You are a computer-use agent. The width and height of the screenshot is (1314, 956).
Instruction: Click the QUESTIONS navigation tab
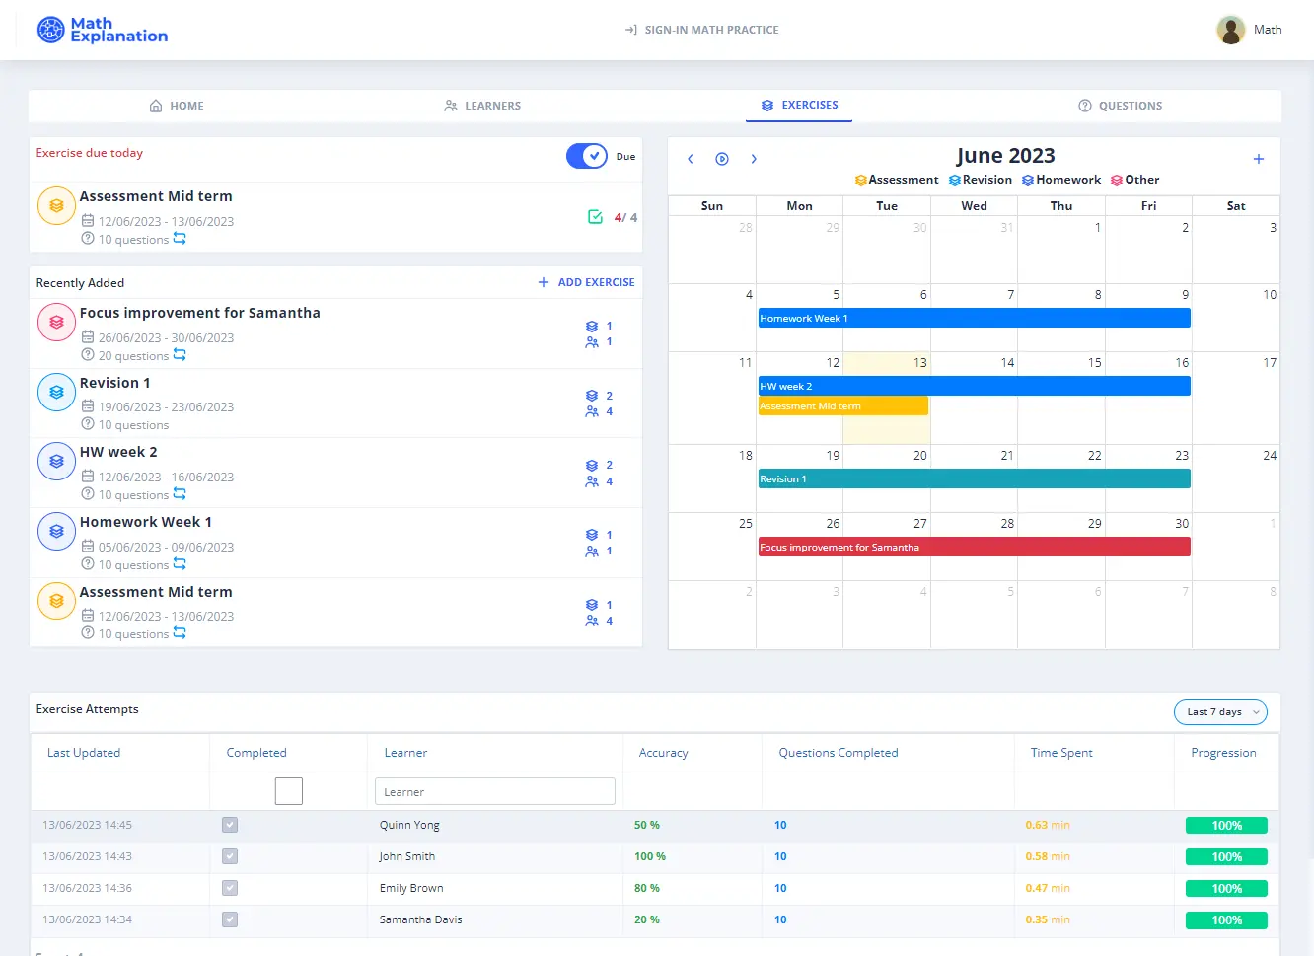[1121, 106]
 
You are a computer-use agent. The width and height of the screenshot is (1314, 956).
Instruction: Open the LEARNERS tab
[482, 106]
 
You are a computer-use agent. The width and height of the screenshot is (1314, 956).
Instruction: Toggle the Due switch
[587, 156]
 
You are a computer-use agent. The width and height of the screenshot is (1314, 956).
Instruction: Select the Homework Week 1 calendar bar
[974, 318]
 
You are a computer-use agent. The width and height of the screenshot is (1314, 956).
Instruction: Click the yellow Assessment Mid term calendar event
[842, 405]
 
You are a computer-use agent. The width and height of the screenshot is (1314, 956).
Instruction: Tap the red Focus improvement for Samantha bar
[974, 547]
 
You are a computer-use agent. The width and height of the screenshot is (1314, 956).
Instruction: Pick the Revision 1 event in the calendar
[974, 478]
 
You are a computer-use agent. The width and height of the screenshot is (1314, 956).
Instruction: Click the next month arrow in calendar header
[754, 159]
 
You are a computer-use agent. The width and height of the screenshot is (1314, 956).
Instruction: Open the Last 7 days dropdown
[1220, 712]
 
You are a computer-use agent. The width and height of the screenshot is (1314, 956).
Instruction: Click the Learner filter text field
[494, 791]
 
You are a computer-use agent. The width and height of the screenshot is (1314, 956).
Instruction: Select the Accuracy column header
[663, 753]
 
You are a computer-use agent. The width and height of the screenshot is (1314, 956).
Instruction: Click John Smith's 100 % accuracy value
[649, 856]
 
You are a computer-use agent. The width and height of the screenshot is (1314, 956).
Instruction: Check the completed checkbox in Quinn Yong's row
[230, 825]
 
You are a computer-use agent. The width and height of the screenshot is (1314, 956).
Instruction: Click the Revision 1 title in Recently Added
[115, 383]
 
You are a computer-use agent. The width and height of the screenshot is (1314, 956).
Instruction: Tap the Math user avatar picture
[1230, 30]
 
